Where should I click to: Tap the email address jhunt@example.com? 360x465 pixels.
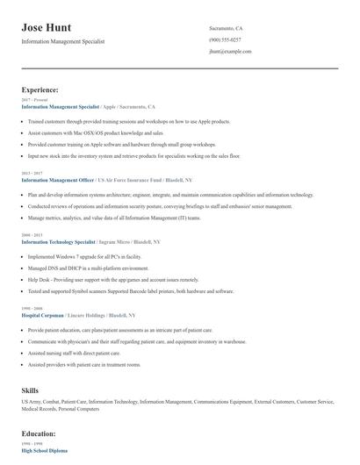[x=231, y=52]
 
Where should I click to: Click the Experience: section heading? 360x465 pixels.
[x=40, y=89]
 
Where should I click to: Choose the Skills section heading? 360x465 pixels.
[x=31, y=389]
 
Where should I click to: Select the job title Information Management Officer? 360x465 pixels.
[x=62, y=178]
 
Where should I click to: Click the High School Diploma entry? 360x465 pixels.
[x=46, y=450]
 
